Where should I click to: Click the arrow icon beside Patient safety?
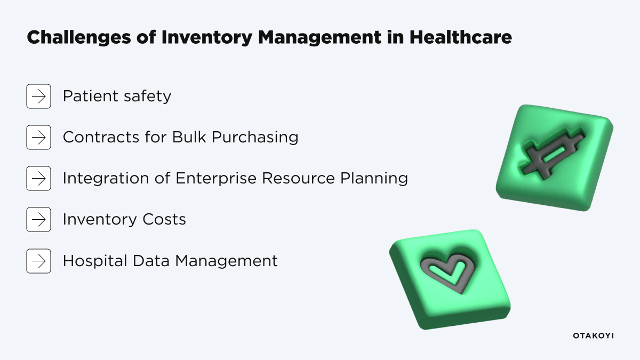pos(38,97)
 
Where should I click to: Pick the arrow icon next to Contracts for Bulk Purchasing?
pos(38,138)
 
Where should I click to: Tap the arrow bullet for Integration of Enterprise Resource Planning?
pos(38,178)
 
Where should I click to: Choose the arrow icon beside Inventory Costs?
pos(38,219)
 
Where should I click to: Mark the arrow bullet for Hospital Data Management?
pos(38,261)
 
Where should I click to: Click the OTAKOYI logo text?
pos(593,335)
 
